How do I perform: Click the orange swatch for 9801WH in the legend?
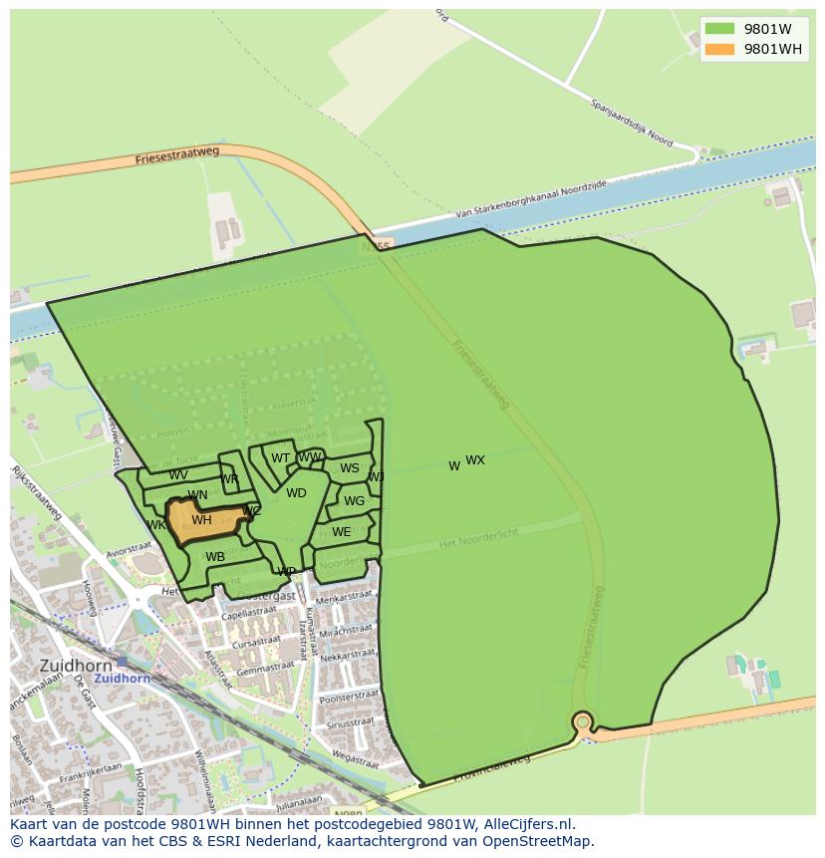(719, 50)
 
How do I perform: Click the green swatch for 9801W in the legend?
(719, 29)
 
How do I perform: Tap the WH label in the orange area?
(201, 520)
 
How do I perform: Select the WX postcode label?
(475, 460)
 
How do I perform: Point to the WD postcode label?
(296, 493)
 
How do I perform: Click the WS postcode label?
(350, 468)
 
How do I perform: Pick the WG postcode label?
(354, 501)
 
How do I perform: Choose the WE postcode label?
(341, 532)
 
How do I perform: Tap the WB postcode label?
(215, 557)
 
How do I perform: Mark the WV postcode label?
(178, 475)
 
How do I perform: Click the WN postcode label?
(197, 495)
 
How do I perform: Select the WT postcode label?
(281, 459)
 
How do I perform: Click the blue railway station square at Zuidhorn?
(122, 661)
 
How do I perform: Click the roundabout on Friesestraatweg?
(582, 721)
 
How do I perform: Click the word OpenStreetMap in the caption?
(538, 841)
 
